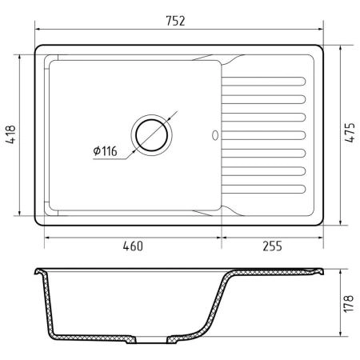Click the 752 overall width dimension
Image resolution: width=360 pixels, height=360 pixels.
(x=175, y=21)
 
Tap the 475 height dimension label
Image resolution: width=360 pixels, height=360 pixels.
(x=350, y=133)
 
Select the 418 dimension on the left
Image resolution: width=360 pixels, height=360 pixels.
(x=11, y=134)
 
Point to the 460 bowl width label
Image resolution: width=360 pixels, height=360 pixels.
(x=133, y=246)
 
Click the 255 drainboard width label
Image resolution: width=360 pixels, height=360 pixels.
(x=272, y=246)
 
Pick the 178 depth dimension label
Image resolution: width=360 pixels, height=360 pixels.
(x=349, y=304)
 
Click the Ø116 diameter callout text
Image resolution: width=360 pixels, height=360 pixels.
(x=105, y=151)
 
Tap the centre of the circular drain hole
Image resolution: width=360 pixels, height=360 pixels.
(x=151, y=135)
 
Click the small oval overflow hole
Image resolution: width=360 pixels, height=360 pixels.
(x=215, y=135)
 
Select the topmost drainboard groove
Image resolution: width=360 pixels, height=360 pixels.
(x=264, y=82)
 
